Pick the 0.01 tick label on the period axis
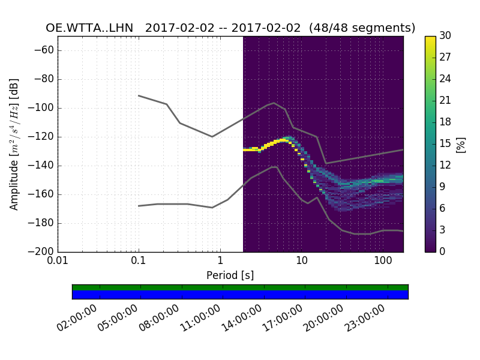58,262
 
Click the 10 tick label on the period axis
301,262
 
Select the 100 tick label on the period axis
382,262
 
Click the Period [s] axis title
230,275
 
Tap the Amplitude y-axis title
14,144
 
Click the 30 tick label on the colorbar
445,36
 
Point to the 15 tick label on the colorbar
445,143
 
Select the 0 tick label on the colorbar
442,251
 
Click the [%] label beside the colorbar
461,144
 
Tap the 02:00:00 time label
79,319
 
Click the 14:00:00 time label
243,319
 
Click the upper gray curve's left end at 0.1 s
139,95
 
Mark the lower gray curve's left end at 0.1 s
139,206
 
